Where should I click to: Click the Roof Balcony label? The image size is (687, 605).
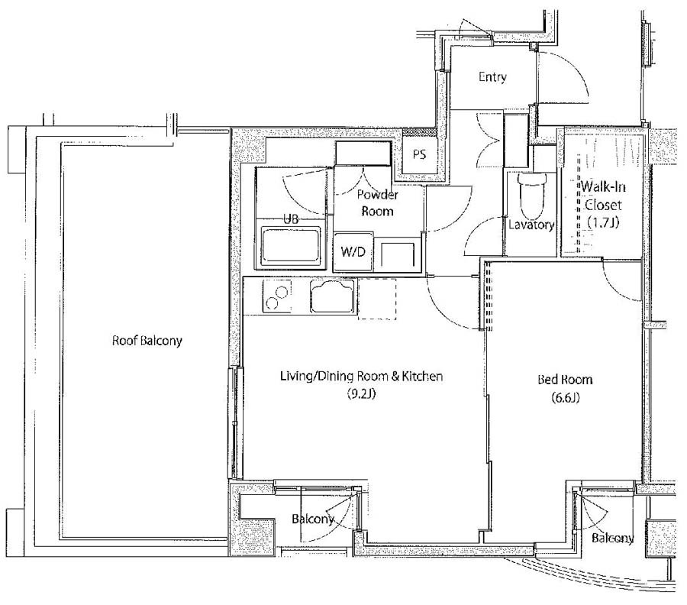pos(147,341)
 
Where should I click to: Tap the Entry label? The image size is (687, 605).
pos(492,77)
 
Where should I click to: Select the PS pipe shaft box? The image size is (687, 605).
pos(419,154)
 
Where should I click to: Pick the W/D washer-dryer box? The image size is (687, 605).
pos(353,251)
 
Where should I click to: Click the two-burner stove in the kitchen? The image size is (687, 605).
pos(277,296)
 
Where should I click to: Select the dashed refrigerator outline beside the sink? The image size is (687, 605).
pos(377,299)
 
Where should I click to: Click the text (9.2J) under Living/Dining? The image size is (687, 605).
pos(362,393)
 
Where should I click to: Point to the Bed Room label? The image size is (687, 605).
pos(565,379)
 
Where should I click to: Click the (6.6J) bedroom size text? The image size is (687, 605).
pos(566,398)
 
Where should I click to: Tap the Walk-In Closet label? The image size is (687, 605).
pos(603,196)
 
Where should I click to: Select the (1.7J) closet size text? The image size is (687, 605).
pos(604,222)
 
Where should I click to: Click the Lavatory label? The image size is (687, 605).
pos(531,225)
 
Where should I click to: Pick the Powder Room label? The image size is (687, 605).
pos(377,202)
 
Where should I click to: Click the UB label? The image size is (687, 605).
pos(291,218)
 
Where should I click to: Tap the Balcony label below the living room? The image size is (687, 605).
pos(313,519)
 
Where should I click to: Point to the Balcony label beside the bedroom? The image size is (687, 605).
pos(612,539)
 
